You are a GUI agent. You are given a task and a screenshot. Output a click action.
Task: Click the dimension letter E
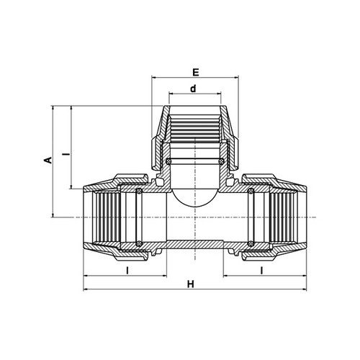click(x=196, y=72)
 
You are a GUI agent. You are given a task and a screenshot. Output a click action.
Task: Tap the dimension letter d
click(x=193, y=89)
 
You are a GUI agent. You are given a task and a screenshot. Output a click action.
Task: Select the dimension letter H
click(x=191, y=284)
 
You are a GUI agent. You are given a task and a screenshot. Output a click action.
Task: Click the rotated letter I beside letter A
click(x=68, y=153)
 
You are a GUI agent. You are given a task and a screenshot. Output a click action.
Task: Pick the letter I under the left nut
click(x=127, y=271)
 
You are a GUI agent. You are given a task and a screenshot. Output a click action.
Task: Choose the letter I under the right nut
click(x=262, y=271)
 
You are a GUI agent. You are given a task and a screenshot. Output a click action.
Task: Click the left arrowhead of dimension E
click(x=153, y=77)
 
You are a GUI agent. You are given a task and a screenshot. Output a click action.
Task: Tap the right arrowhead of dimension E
click(x=237, y=77)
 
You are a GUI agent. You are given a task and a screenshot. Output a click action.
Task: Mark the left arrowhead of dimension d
click(x=171, y=94)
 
